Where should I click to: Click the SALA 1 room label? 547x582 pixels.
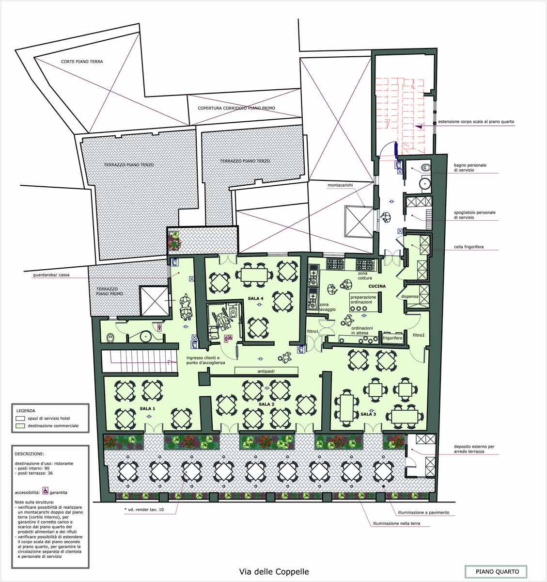click(x=147, y=408)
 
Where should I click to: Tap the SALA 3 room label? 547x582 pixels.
click(x=368, y=414)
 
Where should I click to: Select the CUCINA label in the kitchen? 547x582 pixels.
click(x=377, y=286)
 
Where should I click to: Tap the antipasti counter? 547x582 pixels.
click(x=266, y=371)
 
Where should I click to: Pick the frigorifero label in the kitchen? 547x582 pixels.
click(x=392, y=338)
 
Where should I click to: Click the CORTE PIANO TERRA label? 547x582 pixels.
click(x=82, y=62)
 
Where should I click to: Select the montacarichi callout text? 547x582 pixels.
click(x=340, y=185)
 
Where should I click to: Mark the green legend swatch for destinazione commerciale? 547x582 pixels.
click(x=20, y=426)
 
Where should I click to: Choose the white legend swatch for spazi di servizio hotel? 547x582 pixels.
click(x=20, y=419)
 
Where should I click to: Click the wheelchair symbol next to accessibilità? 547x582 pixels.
click(x=46, y=490)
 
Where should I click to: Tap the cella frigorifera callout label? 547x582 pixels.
click(x=469, y=247)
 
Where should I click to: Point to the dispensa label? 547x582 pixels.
click(x=410, y=296)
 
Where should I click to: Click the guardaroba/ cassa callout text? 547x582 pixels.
click(x=51, y=275)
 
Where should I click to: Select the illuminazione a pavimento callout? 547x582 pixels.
click(x=423, y=513)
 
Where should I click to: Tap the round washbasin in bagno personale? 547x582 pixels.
click(x=424, y=184)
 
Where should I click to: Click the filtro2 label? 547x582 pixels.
click(x=419, y=335)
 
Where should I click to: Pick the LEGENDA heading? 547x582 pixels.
click(x=26, y=411)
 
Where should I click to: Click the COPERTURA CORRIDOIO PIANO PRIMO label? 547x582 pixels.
click(x=236, y=108)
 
